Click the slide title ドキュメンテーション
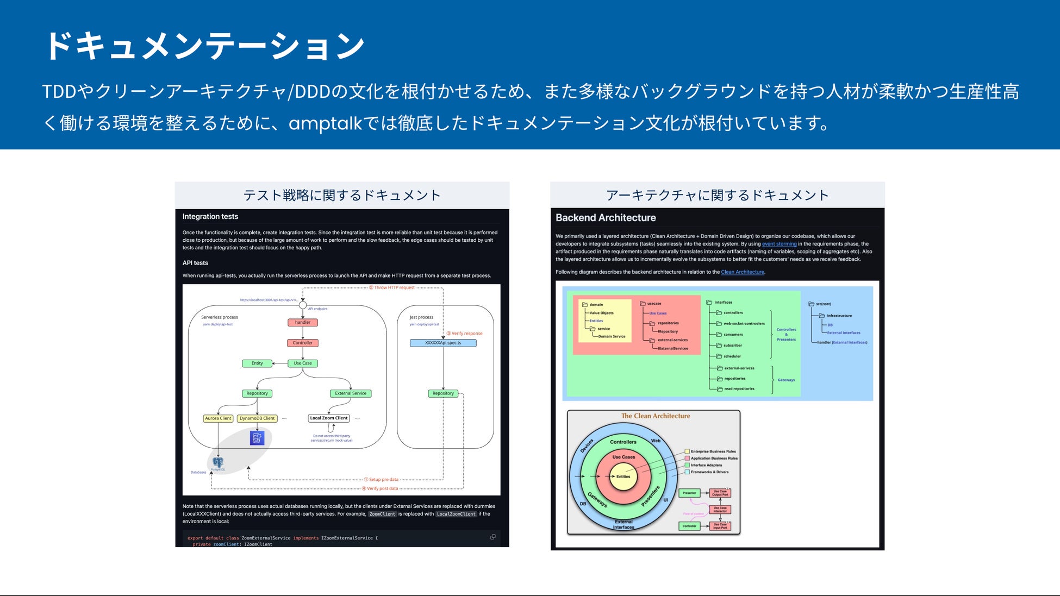(x=204, y=46)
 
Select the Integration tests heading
(x=210, y=216)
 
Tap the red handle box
(x=303, y=322)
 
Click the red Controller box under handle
(x=303, y=343)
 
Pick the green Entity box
(x=257, y=363)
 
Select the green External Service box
(x=351, y=393)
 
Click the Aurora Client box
(x=218, y=418)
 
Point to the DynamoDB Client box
(x=257, y=418)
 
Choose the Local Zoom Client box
(x=329, y=418)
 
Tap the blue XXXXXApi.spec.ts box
(x=443, y=343)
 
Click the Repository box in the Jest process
(x=443, y=393)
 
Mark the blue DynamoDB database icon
(x=257, y=437)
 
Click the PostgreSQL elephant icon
(x=218, y=462)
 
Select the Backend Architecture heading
(x=606, y=218)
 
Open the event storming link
(x=779, y=244)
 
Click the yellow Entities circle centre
(x=623, y=476)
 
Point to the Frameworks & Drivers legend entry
(x=709, y=472)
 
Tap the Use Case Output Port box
(x=720, y=493)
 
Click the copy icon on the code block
(x=493, y=537)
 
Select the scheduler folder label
(x=732, y=356)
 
